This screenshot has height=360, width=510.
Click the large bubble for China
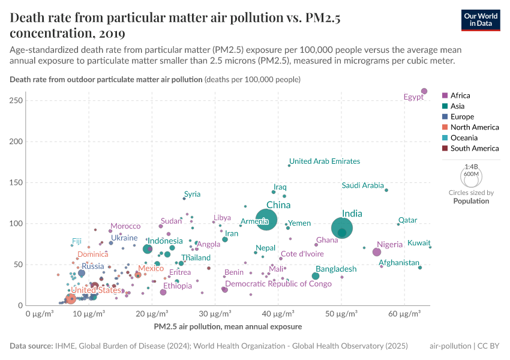[266, 220]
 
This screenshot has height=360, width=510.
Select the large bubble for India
[342, 228]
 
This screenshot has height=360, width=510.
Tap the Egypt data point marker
[424, 91]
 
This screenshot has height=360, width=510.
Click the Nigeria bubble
[377, 252]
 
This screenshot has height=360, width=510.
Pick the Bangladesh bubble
[316, 276]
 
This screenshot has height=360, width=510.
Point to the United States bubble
[71, 298]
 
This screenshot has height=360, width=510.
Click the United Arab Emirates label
[325, 161]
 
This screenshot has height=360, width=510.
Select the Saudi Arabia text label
[362, 185]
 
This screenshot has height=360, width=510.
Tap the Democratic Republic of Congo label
[278, 284]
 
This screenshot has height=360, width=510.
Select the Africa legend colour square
[445, 95]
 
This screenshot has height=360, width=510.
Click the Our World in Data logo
[481, 19]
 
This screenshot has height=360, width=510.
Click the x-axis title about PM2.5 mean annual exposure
[228, 326]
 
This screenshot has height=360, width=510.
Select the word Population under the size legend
[471, 201]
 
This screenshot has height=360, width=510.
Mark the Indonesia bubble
[148, 249]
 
